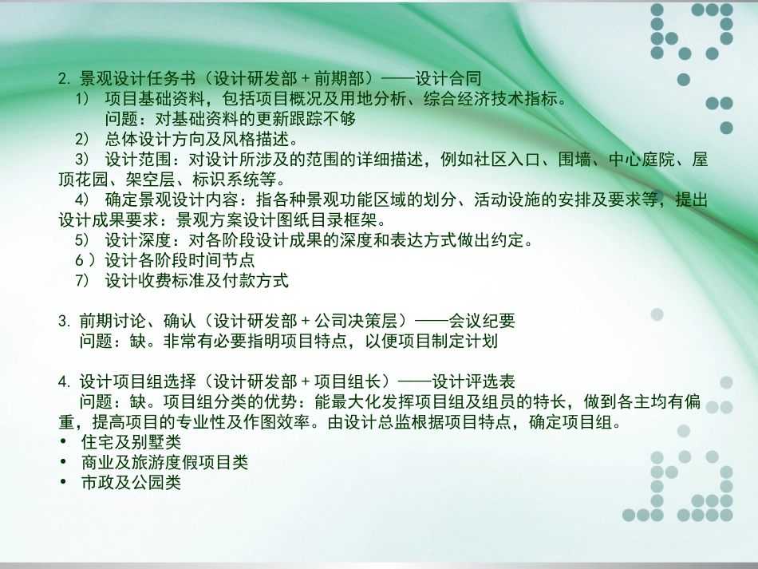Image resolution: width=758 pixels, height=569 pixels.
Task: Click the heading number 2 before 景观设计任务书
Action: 62,78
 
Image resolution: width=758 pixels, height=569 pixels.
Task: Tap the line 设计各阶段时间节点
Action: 180,260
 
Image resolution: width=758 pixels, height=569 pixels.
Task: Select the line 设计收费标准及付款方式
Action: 196,281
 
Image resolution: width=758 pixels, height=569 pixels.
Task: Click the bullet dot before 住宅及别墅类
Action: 63,441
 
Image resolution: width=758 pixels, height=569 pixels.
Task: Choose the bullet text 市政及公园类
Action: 131,482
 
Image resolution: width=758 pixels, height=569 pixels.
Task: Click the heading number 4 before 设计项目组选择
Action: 62,381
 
